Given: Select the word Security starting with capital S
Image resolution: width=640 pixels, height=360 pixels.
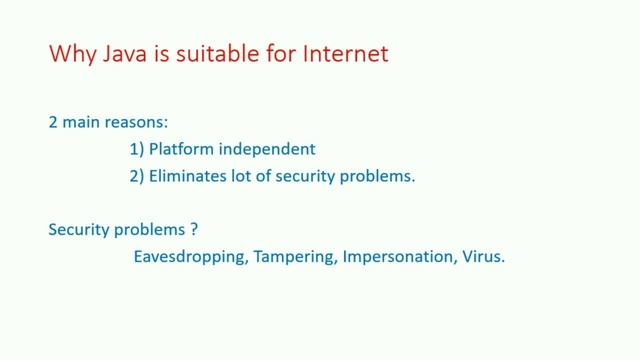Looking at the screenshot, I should (x=76, y=229).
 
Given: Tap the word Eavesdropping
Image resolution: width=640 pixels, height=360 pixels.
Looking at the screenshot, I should (x=190, y=256).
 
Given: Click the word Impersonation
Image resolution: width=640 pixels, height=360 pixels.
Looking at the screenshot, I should (x=397, y=256).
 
